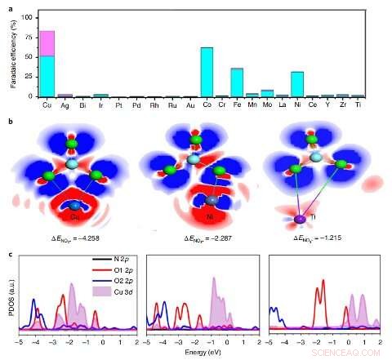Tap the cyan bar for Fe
pos(237,82)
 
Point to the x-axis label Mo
pos(266,104)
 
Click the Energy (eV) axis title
pos(205,346)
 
